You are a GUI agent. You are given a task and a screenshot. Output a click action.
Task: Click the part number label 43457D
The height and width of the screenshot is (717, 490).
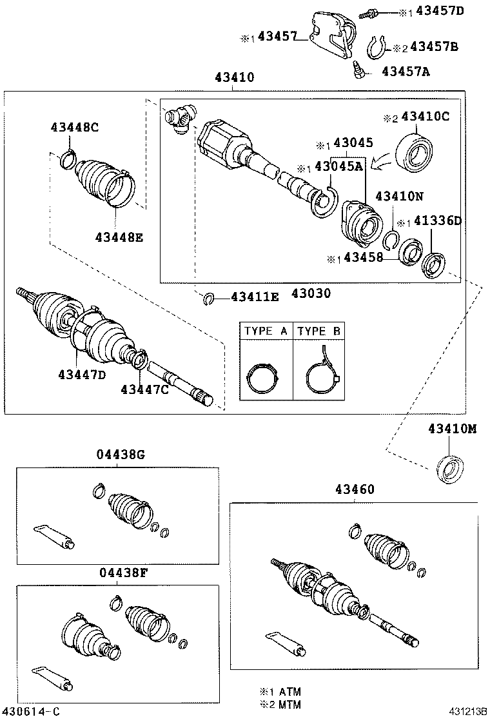pos(440,11)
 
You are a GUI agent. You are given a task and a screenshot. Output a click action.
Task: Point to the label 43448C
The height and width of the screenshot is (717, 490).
pos(75,127)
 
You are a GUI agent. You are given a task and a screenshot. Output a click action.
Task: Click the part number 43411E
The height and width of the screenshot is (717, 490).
pos(255,297)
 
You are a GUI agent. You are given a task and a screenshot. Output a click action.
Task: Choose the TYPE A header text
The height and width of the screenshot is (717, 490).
pos(266,331)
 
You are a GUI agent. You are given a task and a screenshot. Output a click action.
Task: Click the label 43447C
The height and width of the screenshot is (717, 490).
pos(144,389)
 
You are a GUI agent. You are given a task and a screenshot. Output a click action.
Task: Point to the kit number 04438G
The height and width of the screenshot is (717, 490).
pos(121,455)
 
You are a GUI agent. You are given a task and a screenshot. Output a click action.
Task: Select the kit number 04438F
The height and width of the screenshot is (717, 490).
pos(121,572)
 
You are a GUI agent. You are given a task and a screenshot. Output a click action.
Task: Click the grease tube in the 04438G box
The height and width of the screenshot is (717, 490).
pos(54,537)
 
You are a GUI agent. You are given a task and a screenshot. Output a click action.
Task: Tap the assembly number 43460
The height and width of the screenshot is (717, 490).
pos(354,490)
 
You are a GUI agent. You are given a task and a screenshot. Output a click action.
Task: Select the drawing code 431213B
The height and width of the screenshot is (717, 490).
pos(467,711)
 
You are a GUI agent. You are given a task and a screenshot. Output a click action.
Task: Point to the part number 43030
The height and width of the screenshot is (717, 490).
pos(309,293)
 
